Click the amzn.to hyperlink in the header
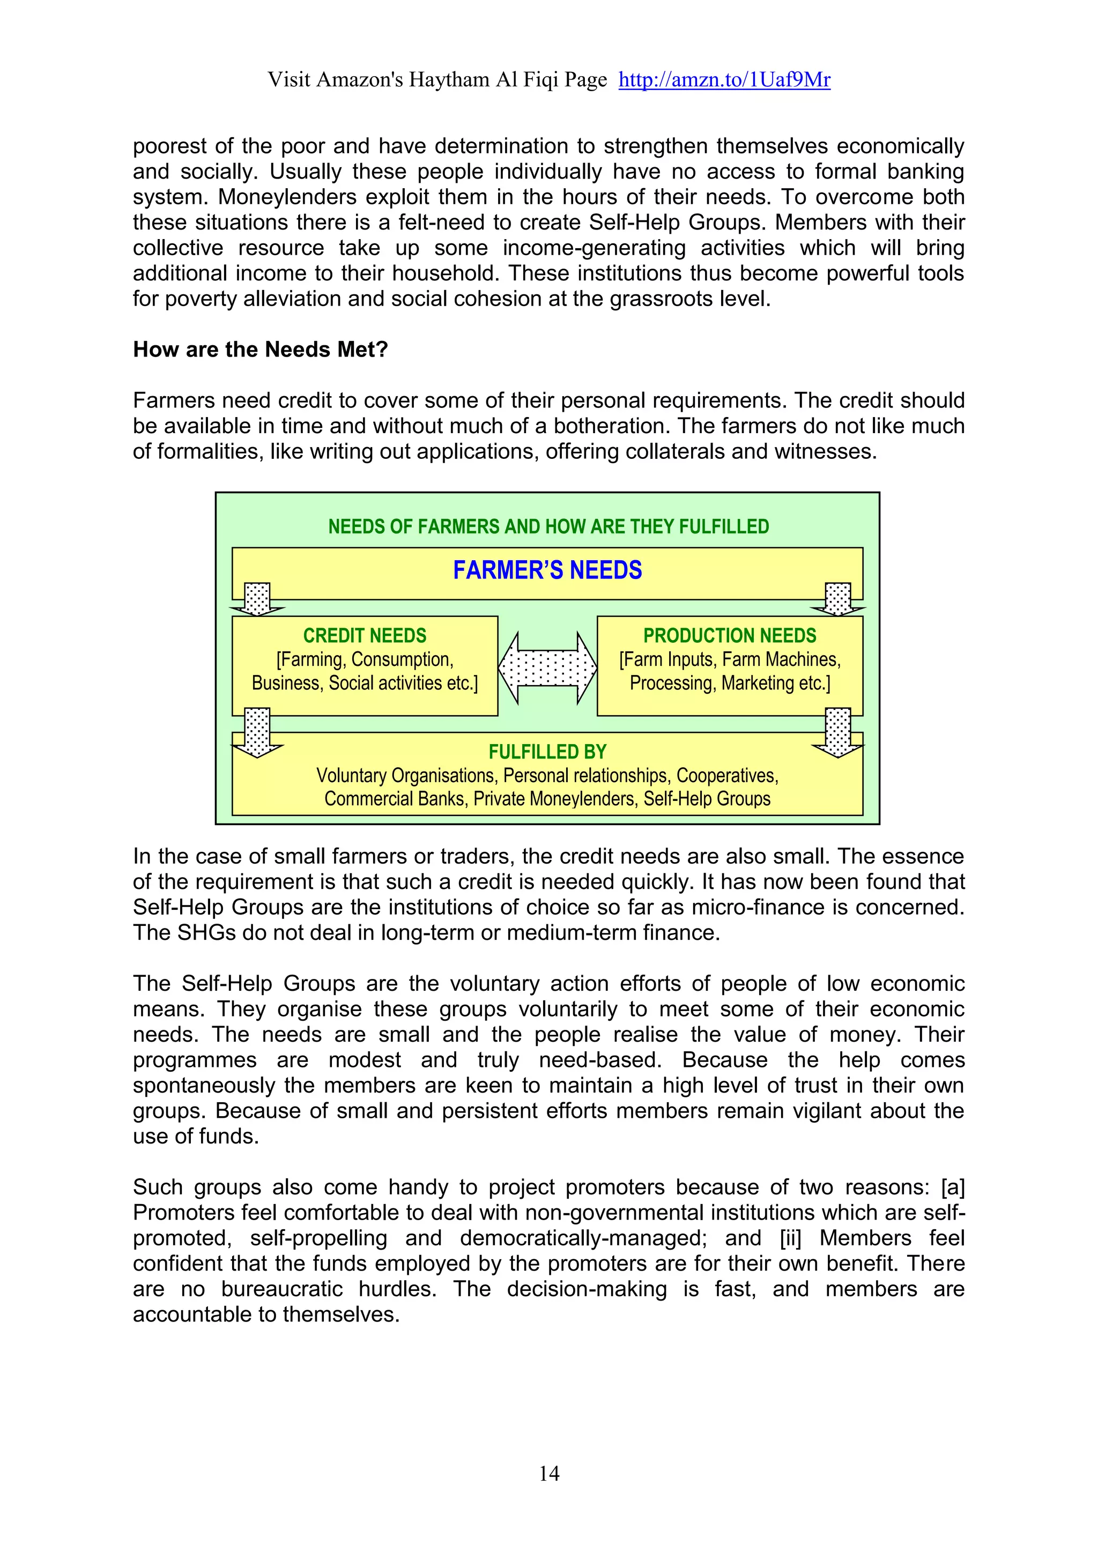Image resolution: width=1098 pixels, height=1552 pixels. pos(724,80)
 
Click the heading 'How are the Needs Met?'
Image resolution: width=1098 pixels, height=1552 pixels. pos(261,350)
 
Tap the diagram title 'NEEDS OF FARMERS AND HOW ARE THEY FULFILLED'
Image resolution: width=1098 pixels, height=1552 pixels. pos(548,526)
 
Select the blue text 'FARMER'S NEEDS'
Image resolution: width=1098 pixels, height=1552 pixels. pos(547,570)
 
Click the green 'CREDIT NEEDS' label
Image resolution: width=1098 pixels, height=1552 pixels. pos(365,635)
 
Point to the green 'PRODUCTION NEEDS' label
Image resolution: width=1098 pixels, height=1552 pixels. pos(730,635)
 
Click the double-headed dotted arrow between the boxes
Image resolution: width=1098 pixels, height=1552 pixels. pos(547,668)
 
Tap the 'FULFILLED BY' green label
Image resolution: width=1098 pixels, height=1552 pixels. pos(547,752)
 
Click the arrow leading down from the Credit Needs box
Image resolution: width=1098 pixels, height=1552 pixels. pos(257,733)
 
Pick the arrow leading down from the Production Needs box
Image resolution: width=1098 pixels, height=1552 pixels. pos(839,733)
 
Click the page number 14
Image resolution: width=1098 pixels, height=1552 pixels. pos(549,1474)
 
